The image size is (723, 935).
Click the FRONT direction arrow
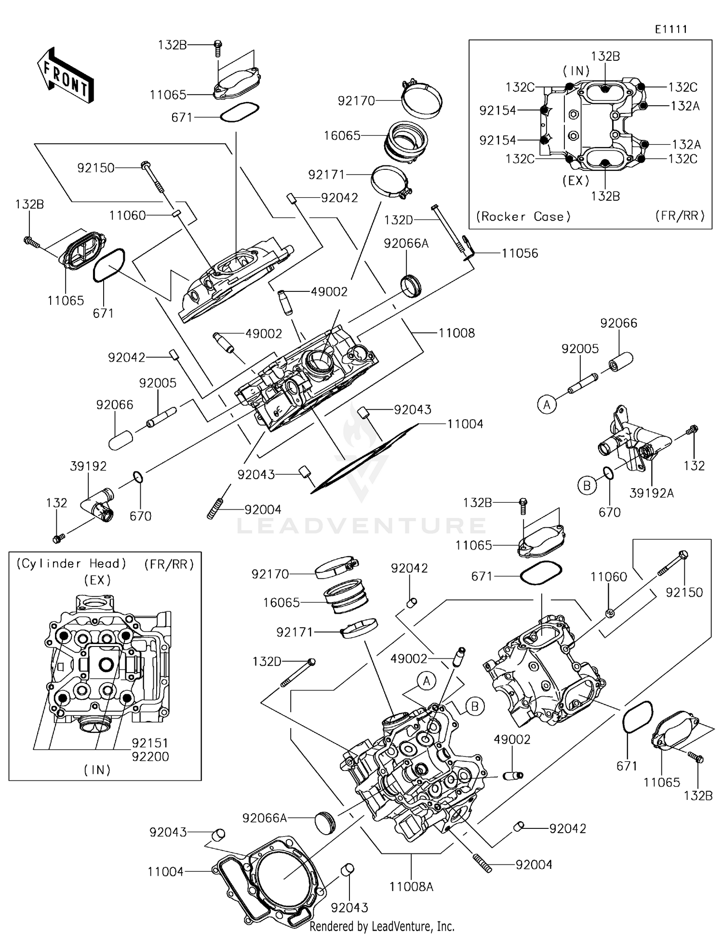click(65, 76)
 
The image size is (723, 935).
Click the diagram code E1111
click(671, 29)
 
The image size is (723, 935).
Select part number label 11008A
click(411, 887)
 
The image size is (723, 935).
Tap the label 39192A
click(651, 493)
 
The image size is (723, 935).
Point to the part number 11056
click(520, 254)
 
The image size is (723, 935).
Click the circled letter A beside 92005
click(547, 404)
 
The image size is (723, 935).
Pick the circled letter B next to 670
click(587, 485)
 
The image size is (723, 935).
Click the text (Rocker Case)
click(523, 217)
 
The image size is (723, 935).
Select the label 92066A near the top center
click(406, 244)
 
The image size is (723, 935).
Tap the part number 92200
click(150, 756)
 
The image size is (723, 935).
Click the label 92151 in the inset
click(150, 743)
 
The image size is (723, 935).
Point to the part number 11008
click(456, 333)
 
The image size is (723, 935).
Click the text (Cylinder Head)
click(71, 564)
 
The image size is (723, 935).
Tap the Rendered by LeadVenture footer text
click(382, 926)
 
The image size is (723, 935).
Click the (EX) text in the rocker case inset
click(576, 181)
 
